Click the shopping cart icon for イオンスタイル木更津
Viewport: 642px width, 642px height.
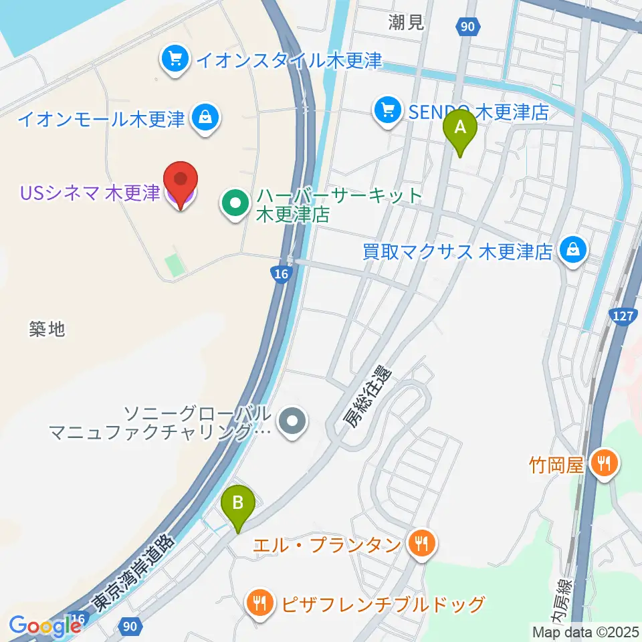175,60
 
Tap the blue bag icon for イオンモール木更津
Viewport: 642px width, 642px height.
203,118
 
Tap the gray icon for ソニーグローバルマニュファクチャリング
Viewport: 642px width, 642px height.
292,422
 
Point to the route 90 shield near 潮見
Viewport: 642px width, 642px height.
468,26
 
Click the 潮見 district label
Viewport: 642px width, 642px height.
407,23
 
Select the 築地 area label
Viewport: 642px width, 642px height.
47,328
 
